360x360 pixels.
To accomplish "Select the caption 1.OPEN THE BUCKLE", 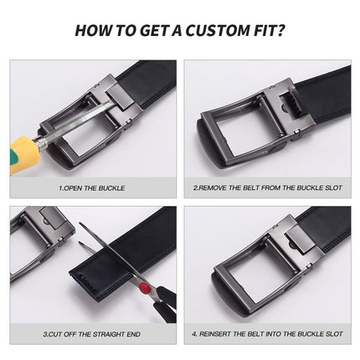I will [x=92, y=188].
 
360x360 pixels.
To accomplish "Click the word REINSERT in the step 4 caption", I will [x=219, y=333].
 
